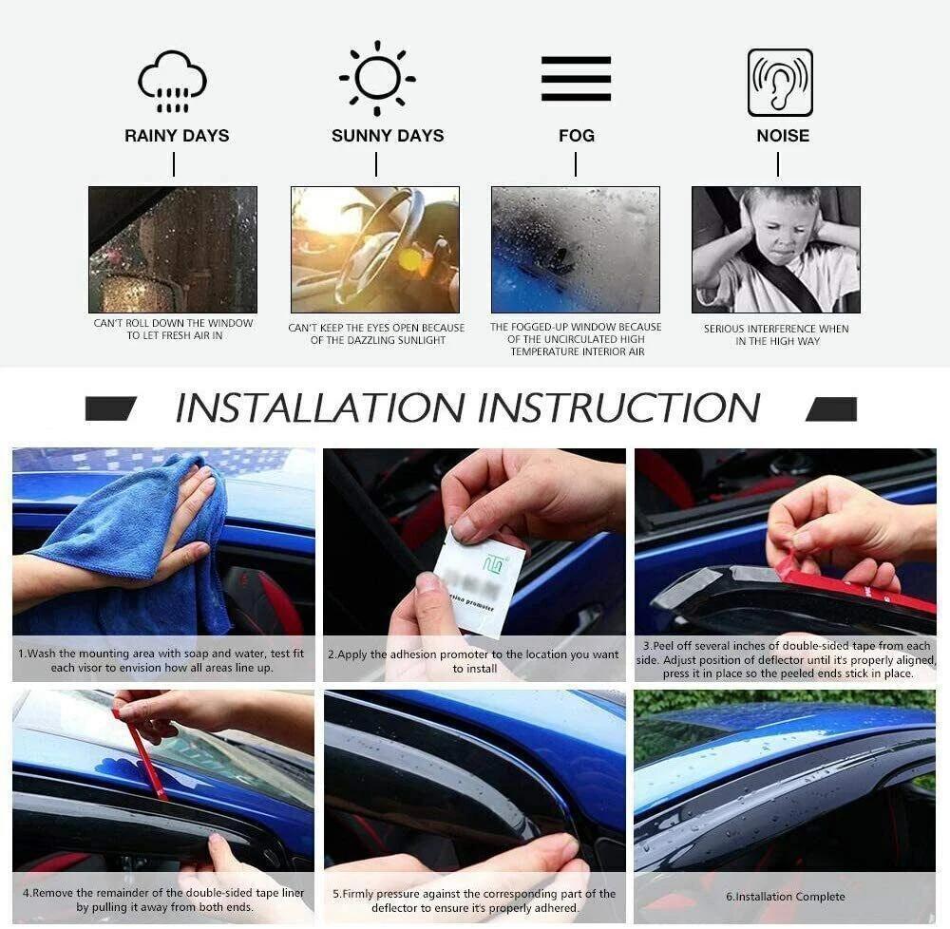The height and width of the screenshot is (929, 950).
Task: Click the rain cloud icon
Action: click(172, 82)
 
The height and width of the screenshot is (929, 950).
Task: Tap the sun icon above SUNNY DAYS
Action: click(377, 78)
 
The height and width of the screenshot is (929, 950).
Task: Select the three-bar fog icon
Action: click(576, 79)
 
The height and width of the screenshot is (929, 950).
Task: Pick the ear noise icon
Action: click(780, 83)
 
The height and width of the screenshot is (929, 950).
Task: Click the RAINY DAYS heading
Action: click(177, 136)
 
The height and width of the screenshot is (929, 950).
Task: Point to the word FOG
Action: click(577, 136)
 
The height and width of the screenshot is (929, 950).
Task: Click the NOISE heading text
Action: click(783, 136)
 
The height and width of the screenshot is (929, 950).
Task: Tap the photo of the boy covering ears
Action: click(775, 250)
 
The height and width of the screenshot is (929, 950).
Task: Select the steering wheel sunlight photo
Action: click(375, 250)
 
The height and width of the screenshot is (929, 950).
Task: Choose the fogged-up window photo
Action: click(575, 250)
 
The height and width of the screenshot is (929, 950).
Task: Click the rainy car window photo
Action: click(173, 250)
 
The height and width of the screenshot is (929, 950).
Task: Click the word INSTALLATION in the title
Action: click(319, 408)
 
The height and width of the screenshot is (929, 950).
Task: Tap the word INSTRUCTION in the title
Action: click(618, 408)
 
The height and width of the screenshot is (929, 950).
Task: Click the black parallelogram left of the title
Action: click(110, 409)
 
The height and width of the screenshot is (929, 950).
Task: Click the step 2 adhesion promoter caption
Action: click(473, 661)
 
